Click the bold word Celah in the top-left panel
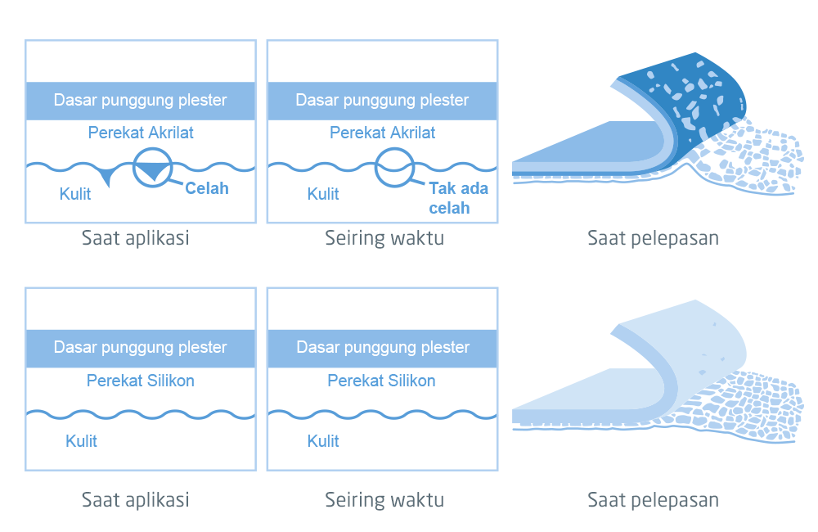tap(206, 188)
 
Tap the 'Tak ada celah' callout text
tap(458, 198)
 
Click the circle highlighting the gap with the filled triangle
tap(153, 167)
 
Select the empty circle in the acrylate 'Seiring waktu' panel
tap(395, 167)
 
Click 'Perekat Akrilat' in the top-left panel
tap(141, 133)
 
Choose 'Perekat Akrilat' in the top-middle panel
tap(382, 133)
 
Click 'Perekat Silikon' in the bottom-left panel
tap(141, 381)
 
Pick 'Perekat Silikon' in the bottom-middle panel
tap(382, 381)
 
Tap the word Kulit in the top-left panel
tap(75, 194)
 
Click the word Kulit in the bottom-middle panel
tap(323, 441)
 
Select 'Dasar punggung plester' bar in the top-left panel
tap(141, 101)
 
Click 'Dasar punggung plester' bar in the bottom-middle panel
tap(382, 348)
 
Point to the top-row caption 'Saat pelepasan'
tap(653, 238)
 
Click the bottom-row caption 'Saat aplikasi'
tap(135, 499)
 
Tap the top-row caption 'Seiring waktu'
tap(384, 238)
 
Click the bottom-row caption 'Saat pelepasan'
tap(653, 499)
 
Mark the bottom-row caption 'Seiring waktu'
tap(384, 499)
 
